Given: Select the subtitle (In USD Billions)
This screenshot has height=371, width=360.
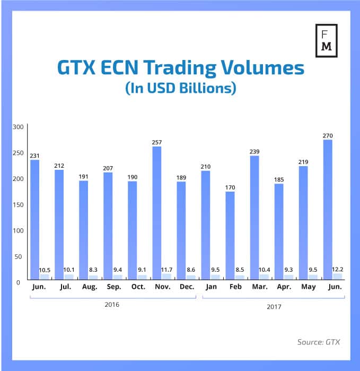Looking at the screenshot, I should (180, 88).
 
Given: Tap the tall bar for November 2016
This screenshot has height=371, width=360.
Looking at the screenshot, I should (157, 212).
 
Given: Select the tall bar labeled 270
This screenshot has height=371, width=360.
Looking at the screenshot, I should (328, 209).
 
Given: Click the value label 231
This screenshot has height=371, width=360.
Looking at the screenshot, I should (34, 156).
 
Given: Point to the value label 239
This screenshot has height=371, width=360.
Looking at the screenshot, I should (254, 151).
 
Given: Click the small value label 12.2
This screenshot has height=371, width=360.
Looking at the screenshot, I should (337, 270).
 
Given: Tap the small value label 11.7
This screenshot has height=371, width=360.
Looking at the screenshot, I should (166, 270).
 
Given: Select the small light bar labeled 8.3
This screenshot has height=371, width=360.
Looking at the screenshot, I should (93, 277).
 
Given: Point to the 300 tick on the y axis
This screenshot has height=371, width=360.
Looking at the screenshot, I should (18, 127).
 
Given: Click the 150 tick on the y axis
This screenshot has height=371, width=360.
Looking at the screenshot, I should (18, 204).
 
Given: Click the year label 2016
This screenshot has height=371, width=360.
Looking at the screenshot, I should (112, 305).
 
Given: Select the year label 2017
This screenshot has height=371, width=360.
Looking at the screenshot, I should (273, 306).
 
